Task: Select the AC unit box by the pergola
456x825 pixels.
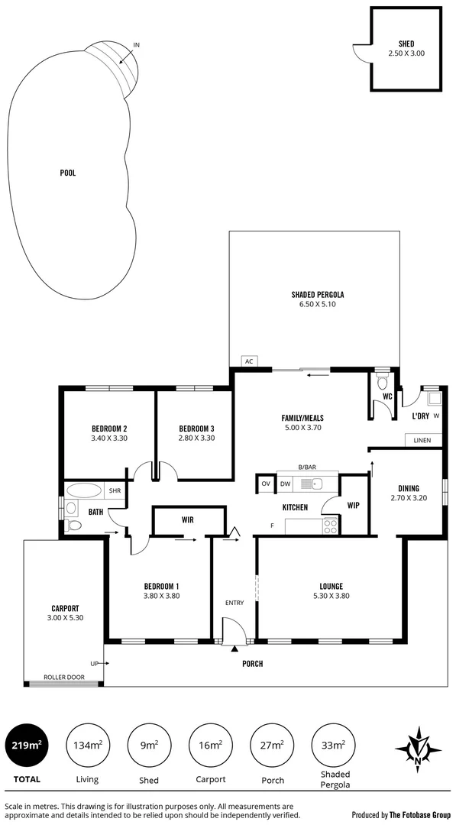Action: coord(248,361)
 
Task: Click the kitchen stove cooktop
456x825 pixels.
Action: coord(330,526)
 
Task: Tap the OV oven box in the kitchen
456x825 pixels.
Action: coord(266,484)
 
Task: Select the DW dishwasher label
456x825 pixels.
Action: coord(285,484)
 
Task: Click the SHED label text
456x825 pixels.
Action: coord(406,44)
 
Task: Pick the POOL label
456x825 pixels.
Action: coord(68,173)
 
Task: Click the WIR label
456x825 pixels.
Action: coord(187,520)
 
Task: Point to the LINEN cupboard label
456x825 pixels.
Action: coord(422,441)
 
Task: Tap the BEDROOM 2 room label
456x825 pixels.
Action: coord(109,428)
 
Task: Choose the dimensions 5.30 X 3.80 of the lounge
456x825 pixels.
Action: coord(331,596)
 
